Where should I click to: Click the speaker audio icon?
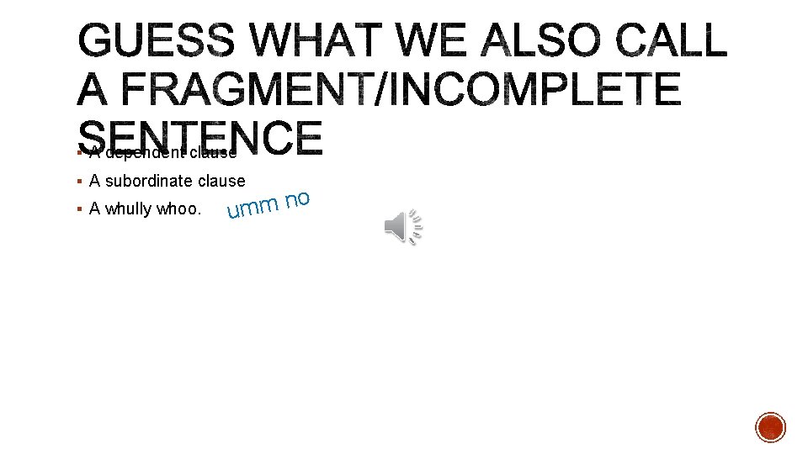(x=403, y=226)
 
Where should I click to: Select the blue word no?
(x=298, y=200)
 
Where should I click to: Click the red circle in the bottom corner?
(x=770, y=427)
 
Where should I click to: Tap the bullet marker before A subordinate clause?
(x=78, y=181)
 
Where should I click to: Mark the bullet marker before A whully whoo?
(x=78, y=209)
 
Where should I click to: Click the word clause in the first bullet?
(x=213, y=153)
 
